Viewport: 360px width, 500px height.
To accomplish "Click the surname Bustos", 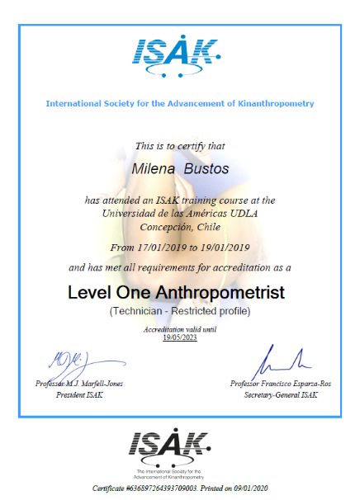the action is (x=207, y=168).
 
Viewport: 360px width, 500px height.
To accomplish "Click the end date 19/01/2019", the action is (x=225, y=248).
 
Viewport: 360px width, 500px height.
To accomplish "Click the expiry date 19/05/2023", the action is (x=179, y=336).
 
